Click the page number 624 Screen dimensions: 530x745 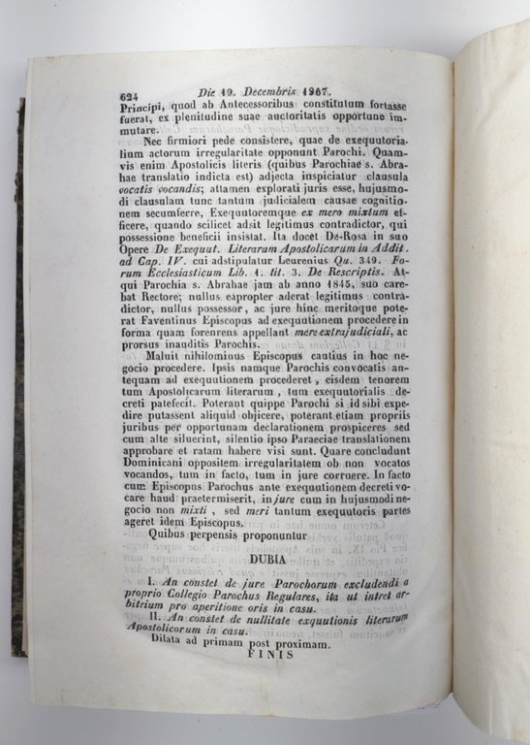(x=131, y=96)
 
